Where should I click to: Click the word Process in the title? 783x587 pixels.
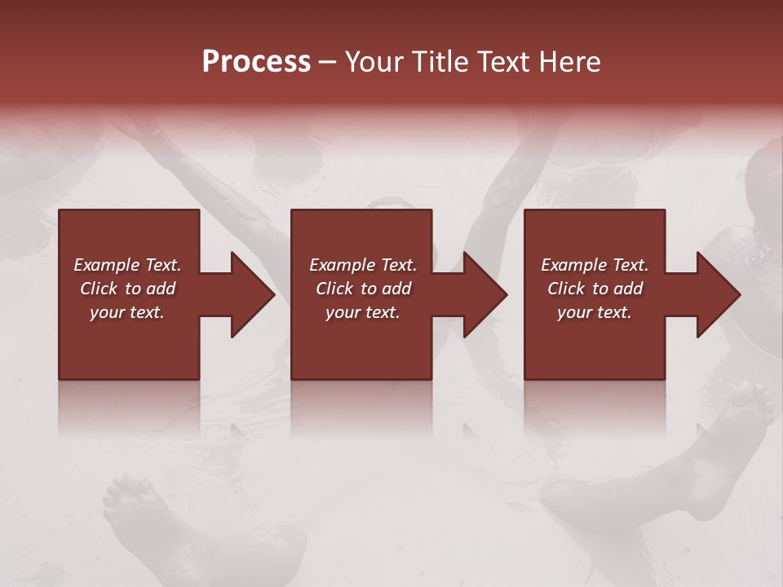[256, 62]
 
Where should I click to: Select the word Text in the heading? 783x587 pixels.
[502, 62]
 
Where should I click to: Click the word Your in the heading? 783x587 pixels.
[374, 62]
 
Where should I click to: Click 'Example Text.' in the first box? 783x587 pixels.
[127, 265]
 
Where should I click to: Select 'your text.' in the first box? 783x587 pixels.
[127, 312]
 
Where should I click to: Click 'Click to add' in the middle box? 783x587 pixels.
[363, 289]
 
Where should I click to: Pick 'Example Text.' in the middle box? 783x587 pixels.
[363, 265]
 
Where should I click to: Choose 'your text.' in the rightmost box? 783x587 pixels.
[595, 312]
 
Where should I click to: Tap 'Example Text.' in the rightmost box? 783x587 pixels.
[595, 265]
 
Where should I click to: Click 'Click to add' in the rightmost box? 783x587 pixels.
[595, 289]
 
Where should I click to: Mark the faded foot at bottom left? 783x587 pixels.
[135, 505]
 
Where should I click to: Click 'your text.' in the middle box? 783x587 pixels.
[363, 312]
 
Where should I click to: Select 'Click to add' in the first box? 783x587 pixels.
[127, 289]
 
